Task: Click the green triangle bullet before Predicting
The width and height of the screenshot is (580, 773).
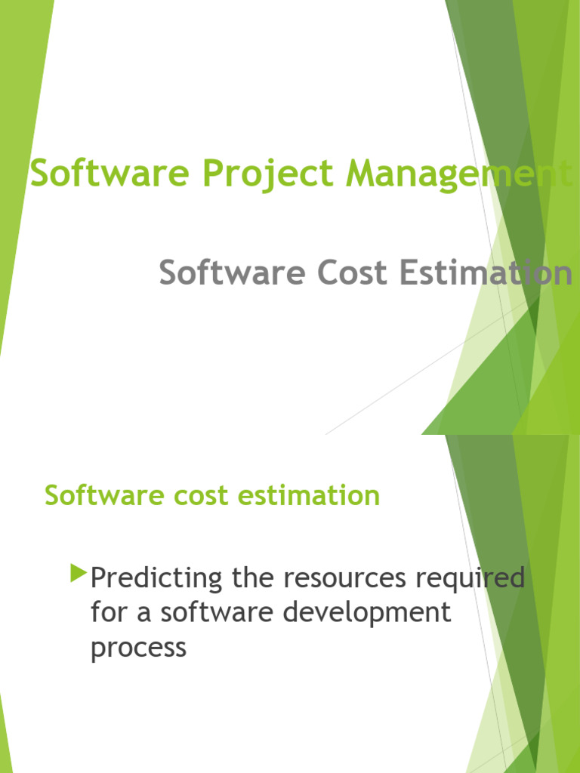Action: click(x=78, y=574)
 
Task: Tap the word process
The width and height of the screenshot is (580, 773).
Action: click(x=138, y=648)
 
